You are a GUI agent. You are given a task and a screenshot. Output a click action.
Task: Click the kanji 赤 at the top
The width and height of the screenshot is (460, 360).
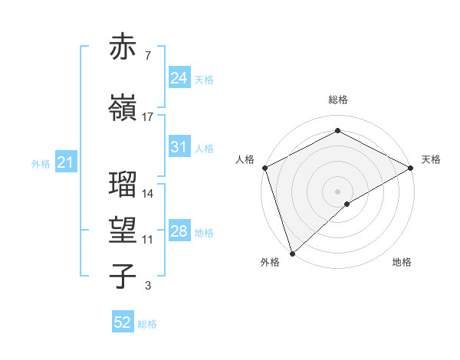(123, 47)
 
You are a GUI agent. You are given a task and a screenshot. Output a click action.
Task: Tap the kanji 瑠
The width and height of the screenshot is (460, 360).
(123, 185)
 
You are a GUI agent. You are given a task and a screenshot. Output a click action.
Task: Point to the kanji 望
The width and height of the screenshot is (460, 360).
(123, 230)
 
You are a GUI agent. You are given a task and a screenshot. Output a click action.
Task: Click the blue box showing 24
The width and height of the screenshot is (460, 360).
(179, 78)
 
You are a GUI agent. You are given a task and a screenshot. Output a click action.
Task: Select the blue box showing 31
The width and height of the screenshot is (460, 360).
(179, 147)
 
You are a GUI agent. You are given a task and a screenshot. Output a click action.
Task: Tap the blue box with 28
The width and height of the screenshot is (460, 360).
(179, 232)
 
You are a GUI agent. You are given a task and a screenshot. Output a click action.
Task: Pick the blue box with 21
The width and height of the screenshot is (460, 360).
(65, 162)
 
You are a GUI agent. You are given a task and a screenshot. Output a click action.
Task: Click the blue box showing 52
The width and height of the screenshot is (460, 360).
(123, 322)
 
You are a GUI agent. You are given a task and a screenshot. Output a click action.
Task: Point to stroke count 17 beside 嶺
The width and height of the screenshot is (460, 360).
(148, 116)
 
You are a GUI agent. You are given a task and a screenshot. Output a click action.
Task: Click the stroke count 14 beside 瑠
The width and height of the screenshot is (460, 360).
(148, 193)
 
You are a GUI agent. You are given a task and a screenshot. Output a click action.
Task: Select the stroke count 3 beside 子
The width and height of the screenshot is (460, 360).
(148, 286)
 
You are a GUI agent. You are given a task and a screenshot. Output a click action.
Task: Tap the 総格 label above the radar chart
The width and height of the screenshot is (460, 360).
(338, 100)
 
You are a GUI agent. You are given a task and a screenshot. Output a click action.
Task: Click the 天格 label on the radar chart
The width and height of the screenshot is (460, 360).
(431, 159)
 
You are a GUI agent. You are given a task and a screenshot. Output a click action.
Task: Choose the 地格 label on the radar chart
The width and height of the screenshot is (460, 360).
(402, 262)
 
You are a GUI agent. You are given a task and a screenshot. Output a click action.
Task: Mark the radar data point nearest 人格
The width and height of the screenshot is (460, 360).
(264, 168)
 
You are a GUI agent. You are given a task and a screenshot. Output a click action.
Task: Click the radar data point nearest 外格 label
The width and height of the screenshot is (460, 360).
(292, 254)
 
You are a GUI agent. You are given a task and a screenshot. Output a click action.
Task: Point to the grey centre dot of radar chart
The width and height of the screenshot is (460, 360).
(337, 191)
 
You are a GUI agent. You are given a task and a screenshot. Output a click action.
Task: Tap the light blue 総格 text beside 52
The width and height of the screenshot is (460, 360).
(147, 324)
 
